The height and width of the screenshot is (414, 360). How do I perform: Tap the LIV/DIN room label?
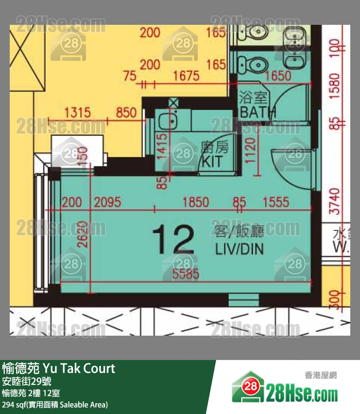click(239, 250)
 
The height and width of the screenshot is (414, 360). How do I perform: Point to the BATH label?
click(257, 112)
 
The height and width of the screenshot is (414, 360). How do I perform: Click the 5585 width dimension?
click(185, 274)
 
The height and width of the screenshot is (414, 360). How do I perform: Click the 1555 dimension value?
click(276, 202)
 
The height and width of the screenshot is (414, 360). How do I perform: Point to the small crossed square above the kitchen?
click(173, 103)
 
